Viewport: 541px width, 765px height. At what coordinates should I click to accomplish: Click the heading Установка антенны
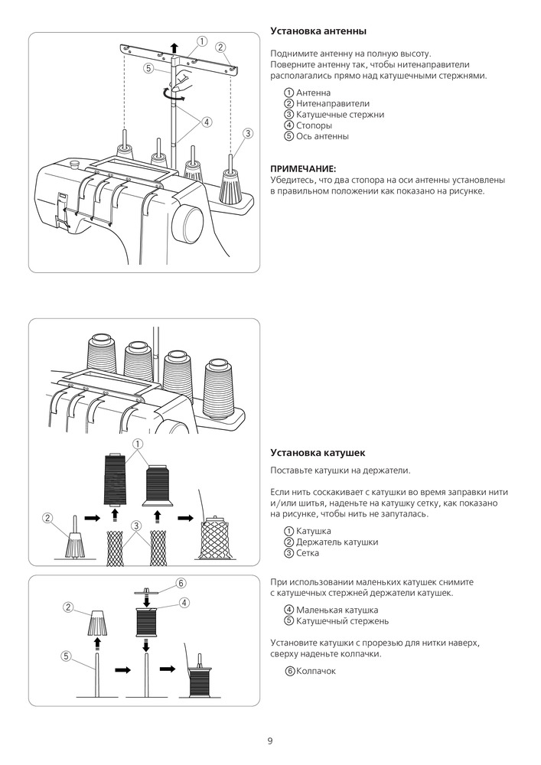coord(318,31)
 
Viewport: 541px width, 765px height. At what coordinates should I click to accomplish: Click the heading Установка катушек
coord(318,452)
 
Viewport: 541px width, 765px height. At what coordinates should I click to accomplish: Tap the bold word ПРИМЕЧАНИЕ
coord(303,168)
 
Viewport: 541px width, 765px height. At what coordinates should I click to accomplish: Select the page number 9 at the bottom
coord(270,741)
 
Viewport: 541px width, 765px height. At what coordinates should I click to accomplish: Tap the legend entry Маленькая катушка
coord(331,610)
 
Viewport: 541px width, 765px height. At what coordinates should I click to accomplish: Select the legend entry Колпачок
coord(309,671)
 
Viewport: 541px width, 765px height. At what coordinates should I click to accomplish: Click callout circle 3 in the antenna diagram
coord(247,133)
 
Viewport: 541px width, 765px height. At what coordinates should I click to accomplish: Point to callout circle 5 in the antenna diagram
coord(147,67)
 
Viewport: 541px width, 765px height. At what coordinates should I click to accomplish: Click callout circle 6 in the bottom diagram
coord(181,582)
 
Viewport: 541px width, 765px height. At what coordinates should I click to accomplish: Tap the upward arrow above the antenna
coord(174,46)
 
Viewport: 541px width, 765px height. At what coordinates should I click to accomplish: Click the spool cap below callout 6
coord(145,592)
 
